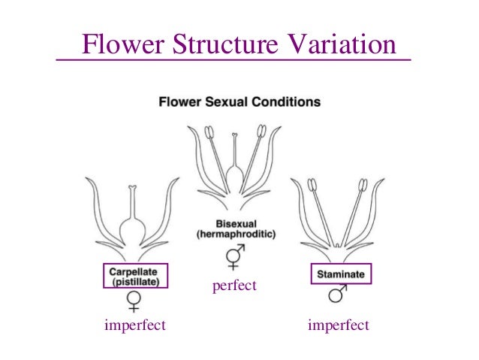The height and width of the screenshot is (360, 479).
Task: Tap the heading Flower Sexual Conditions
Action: click(x=239, y=101)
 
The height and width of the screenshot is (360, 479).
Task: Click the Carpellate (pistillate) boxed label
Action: click(x=134, y=274)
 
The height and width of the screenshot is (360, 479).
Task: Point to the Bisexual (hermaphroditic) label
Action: click(x=236, y=228)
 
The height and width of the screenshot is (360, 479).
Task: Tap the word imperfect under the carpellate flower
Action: click(x=135, y=325)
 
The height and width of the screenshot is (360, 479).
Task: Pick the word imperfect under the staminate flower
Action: click(x=339, y=325)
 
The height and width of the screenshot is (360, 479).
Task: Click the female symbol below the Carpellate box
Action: click(x=134, y=301)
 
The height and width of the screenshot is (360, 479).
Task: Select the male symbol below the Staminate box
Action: click(x=338, y=294)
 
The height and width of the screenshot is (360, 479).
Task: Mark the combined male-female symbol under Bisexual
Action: click(x=234, y=257)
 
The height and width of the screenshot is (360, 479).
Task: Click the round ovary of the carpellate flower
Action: click(x=133, y=229)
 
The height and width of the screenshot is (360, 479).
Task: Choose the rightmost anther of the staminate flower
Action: click(x=363, y=183)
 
